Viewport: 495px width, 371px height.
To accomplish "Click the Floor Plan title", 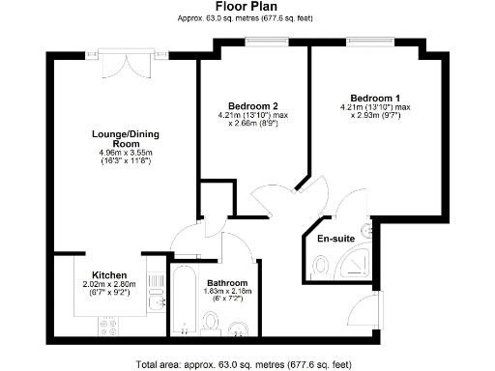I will coord(247,7).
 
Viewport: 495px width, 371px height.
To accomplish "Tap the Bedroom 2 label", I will coord(253,105).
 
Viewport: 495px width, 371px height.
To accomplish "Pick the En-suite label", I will coord(327,237).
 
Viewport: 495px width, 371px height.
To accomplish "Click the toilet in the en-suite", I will coord(320,263).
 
